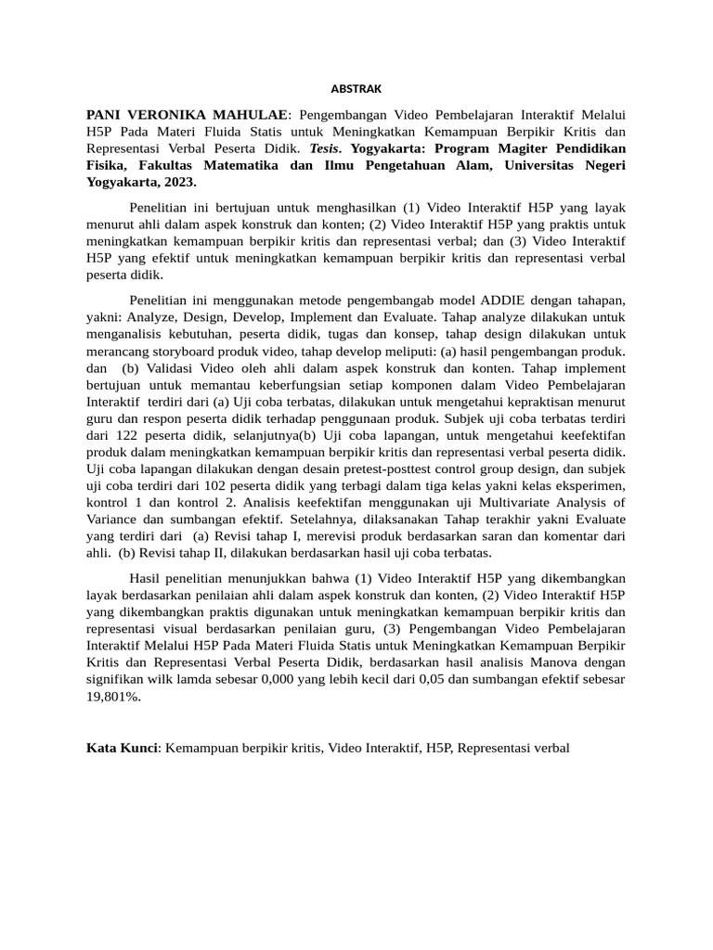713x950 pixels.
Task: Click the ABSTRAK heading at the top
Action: point(356,89)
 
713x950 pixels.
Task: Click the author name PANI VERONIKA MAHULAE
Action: point(186,114)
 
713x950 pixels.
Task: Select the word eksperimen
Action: point(588,485)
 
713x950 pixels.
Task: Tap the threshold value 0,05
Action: point(421,679)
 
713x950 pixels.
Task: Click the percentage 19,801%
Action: point(113,696)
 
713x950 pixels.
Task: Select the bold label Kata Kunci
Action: point(122,747)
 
